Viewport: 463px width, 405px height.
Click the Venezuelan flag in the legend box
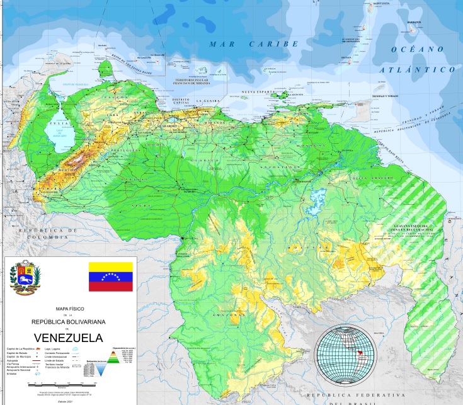click(x=110, y=277)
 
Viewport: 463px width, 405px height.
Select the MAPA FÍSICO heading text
click(x=69, y=309)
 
